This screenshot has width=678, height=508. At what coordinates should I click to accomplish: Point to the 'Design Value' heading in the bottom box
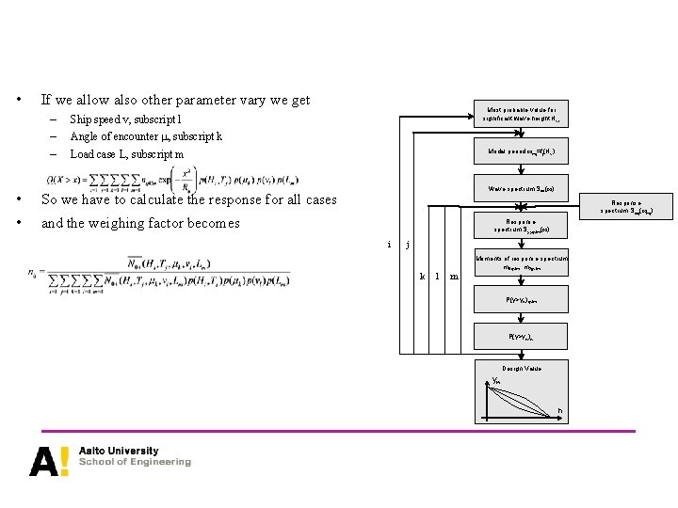click(x=521, y=368)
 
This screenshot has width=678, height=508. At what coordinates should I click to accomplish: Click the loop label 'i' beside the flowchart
click(x=390, y=245)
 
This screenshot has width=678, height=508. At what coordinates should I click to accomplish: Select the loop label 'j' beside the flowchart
click(x=407, y=245)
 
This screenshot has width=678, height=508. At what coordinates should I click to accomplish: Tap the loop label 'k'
click(x=422, y=277)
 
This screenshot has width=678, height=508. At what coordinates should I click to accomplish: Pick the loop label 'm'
click(x=454, y=277)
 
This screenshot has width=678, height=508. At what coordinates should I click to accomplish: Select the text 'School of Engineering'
click(x=135, y=462)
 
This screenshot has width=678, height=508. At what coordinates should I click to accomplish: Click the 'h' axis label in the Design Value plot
click(x=559, y=411)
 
